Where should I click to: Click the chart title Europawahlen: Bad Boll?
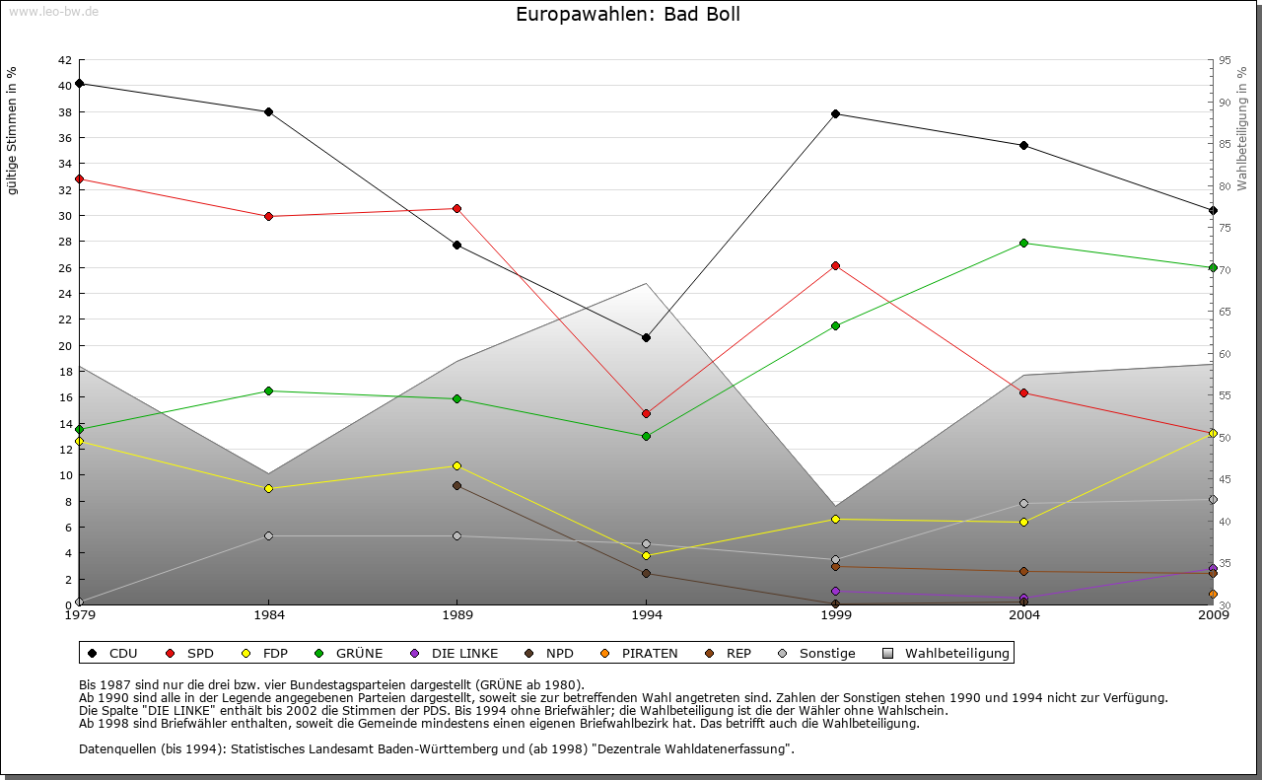coord(628,15)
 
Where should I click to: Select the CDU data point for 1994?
coord(646,337)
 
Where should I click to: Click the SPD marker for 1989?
coord(456,208)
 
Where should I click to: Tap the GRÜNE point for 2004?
coord(1024,243)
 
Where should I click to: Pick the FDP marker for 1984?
coord(268,488)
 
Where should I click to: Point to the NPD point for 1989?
coord(456,485)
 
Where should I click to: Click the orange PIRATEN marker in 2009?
coord(1213,594)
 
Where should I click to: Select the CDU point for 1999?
coord(835,113)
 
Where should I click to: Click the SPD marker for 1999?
coord(835,265)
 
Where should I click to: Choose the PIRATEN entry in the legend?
coord(640,653)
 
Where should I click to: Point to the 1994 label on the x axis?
coord(647,616)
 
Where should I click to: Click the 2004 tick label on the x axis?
coord(1024,616)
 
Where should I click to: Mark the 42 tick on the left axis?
coord(64,59)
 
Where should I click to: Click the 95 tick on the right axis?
coord(1225,59)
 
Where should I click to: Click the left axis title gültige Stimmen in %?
coord(13,131)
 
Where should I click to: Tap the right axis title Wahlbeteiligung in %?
coord(1242,129)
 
